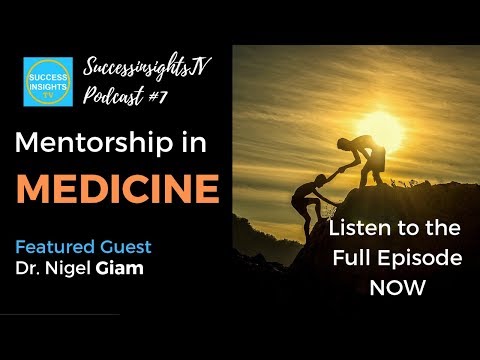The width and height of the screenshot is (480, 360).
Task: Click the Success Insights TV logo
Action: [48, 82]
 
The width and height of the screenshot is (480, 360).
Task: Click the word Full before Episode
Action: [363, 258]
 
